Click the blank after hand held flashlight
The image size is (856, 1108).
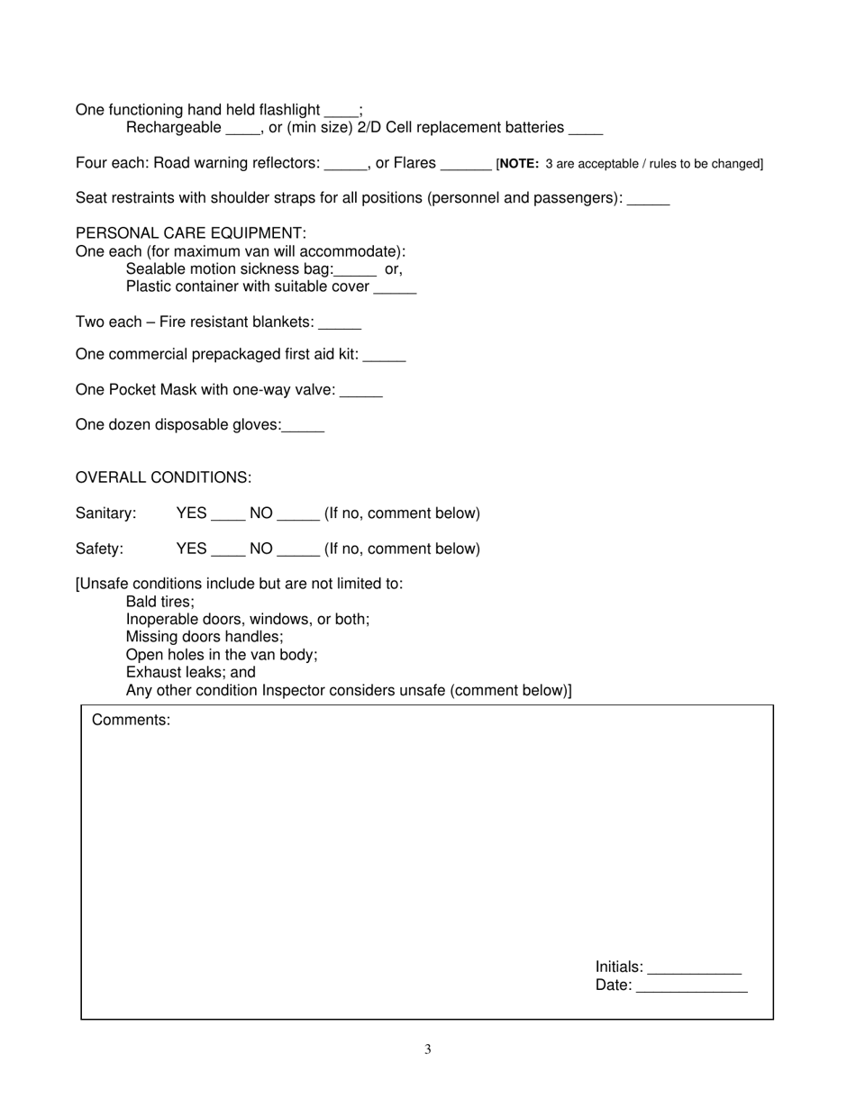coord(341,112)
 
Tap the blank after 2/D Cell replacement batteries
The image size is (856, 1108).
coord(586,130)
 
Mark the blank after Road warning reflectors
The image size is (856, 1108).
coord(346,165)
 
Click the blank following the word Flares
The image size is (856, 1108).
coord(466,165)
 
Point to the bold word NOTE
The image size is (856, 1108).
coord(519,164)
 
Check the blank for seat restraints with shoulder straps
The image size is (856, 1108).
coord(648,200)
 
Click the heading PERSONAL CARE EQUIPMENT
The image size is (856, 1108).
coord(191,233)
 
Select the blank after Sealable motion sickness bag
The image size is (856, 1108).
coord(354,271)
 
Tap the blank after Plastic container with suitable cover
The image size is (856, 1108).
coord(395,288)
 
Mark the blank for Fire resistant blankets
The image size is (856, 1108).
coord(340,324)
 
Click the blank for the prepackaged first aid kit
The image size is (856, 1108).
coord(384,357)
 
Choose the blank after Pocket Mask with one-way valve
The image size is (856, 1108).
coord(361,392)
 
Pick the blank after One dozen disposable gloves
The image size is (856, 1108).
coord(303,427)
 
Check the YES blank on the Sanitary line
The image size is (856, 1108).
coord(228,515)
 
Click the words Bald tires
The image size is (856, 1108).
coord(159,602)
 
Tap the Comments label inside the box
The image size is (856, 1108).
coord(131,720)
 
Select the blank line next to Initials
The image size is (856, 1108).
coord(694,969)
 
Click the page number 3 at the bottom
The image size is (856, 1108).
coord(428,1049)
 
